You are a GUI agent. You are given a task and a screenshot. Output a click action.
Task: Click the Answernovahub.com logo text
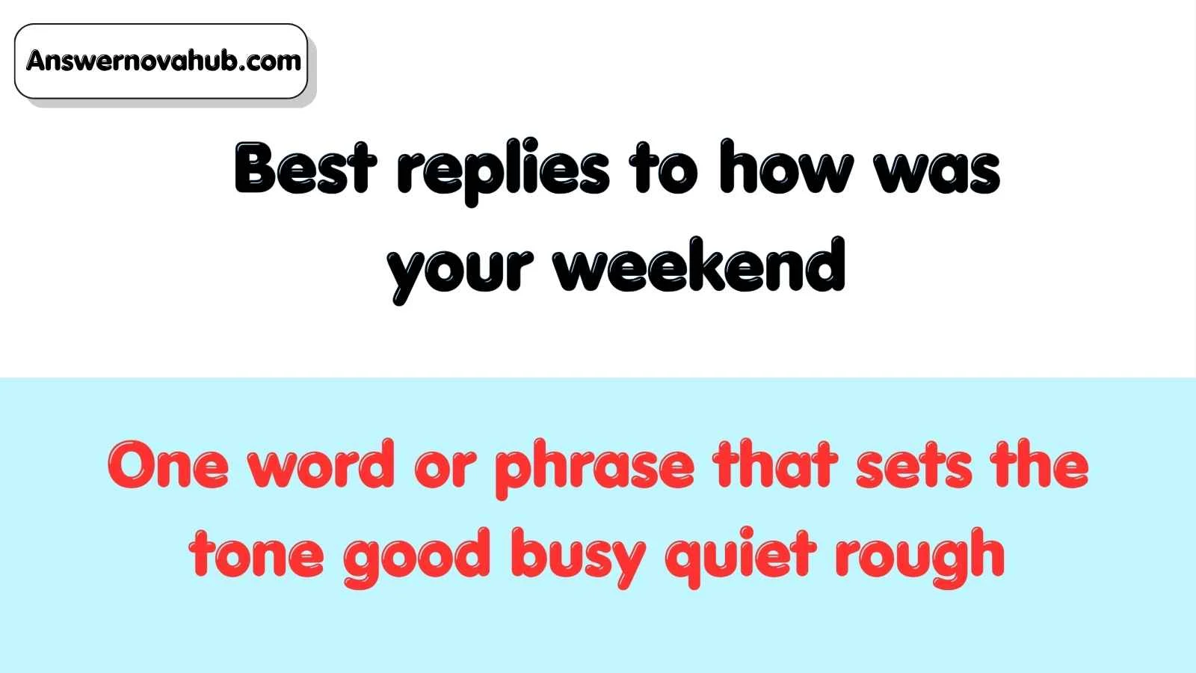(164, 61)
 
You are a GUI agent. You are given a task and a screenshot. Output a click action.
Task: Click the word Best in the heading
(306, 168)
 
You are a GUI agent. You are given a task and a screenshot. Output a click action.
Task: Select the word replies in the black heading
(503, 172)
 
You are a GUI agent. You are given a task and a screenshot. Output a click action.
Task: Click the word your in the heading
(460, 271)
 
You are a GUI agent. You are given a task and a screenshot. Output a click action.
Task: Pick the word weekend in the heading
(700, 265)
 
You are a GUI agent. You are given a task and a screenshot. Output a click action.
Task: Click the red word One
(169, 464)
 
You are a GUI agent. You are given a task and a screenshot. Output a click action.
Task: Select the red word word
(321, 463)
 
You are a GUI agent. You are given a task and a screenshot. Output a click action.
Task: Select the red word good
(416, 558)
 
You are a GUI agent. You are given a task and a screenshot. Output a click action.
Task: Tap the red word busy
(579, 558)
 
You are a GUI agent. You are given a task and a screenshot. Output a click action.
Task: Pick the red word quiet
(741, 558)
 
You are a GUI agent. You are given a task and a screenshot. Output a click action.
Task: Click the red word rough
(920, 558)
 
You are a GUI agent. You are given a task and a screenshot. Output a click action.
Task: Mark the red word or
(445, 469)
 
